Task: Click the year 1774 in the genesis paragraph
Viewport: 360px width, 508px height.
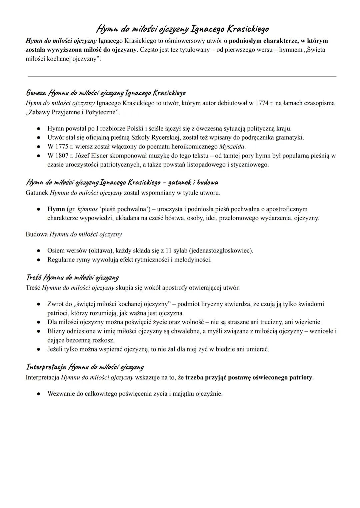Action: [x=262, y=103]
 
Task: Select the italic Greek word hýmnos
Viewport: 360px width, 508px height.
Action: [x=87, y=209]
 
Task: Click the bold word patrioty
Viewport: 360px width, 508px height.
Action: [x=300, y=378]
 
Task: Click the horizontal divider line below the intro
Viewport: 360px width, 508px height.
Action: [x=182, y=76]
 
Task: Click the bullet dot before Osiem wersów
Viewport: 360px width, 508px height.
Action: [x=39, y=251]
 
